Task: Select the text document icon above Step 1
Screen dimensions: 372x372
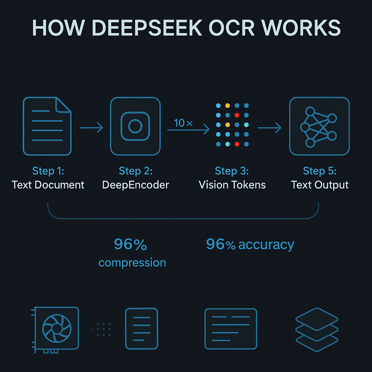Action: click(47, 126)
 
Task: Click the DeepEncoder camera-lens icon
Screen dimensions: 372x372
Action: click(135, 126)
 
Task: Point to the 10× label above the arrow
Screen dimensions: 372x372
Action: click(183, 123)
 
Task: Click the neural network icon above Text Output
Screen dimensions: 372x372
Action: click(319, 126)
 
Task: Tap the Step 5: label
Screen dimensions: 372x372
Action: click(319, 171)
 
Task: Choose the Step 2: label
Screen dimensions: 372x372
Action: click(136, 171)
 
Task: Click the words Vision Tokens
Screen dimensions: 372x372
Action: click(232, 185)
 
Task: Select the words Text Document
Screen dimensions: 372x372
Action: click(48, 185)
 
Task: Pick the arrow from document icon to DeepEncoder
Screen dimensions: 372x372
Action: click(91, 128)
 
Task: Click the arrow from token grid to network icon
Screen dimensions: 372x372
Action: click(269, 128)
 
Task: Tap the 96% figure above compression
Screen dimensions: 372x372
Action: click(130, 244)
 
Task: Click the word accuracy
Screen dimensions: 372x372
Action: click(266, 244)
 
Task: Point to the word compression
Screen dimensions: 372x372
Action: click(132, 263)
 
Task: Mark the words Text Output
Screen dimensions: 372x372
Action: click(320, 185)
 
